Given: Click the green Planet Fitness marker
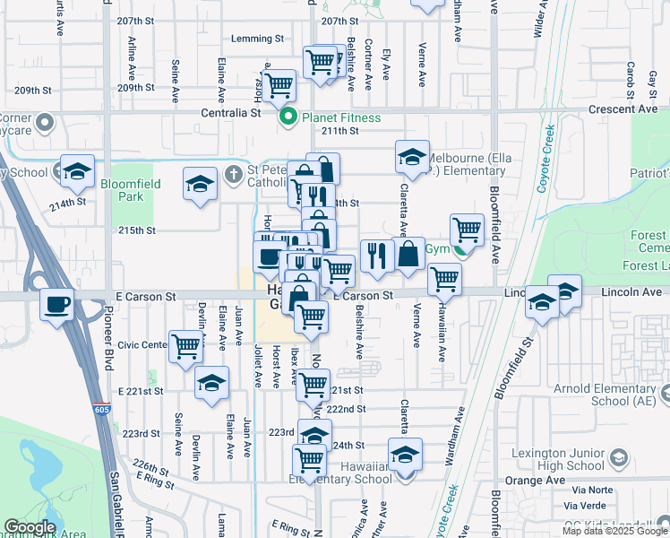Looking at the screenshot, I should pyautogui.click(x=288, y=117).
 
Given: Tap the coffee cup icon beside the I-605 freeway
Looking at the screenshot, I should pyautogui.click(x=57, y=305).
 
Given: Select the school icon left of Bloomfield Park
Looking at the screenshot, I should pyautogui.click(x=78, y=170).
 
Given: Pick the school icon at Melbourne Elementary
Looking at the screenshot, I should pyautogui.click(x=412, y=157).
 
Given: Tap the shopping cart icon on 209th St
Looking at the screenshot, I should pyautogui.click(x=279, y=85).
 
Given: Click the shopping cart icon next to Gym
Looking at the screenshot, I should pyautogui.click(x=467, y=229).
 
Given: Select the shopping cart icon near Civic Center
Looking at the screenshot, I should pyautogui.click(x=185, y=344).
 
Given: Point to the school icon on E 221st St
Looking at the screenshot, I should pyautogui.click(x=210, y=383).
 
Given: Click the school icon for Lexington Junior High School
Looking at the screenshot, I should pyautogui.click(x=617, y=459).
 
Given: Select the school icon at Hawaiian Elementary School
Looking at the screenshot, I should pyautogui.click(x=405, y=454).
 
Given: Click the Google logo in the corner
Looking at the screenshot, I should pyautogui.click(x=30, y=527).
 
